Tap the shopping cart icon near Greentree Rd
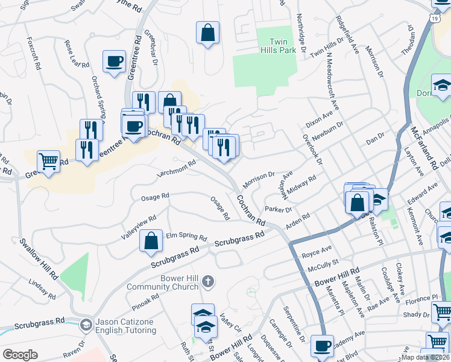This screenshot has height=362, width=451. (x=48, y=161)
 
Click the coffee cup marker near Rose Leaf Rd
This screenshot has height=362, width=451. (x=114, y=61)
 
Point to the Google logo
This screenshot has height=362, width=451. (x=20, y=355)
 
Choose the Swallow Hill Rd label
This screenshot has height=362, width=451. (x=39, y=258)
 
